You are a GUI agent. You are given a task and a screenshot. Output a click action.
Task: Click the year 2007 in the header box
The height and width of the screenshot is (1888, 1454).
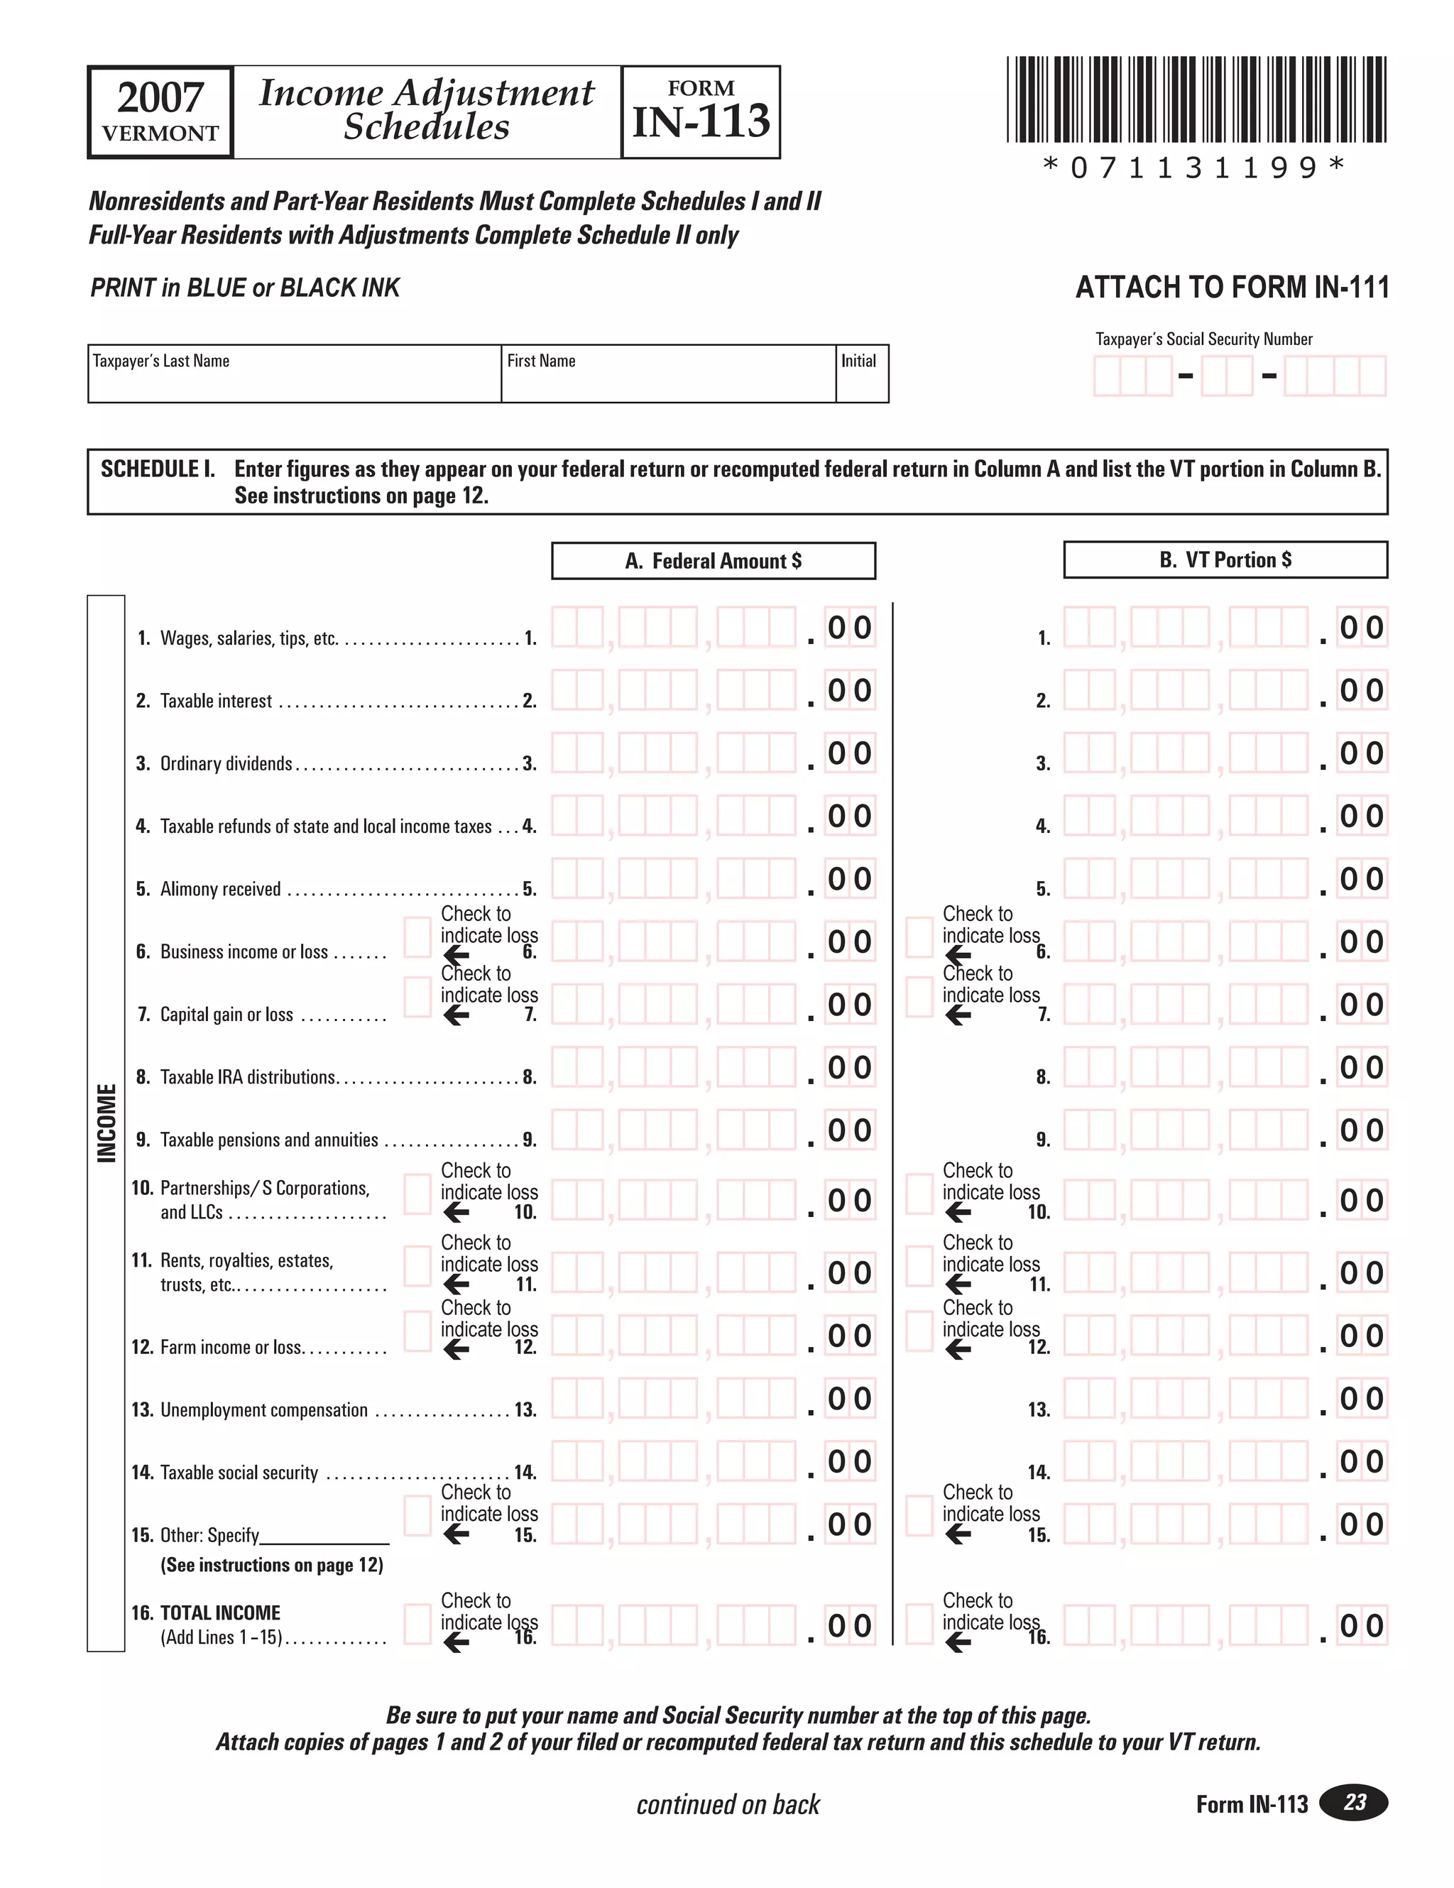click(160, 98)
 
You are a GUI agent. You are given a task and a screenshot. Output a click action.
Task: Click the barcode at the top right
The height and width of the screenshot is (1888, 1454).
click(1196, 99)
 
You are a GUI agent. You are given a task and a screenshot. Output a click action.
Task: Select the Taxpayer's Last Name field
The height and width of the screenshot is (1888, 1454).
click(294, 381)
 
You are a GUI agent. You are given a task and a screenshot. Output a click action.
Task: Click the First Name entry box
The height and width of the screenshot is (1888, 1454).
click(667, 381)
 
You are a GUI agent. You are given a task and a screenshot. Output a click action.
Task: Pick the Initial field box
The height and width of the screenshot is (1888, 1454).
click(862, 381)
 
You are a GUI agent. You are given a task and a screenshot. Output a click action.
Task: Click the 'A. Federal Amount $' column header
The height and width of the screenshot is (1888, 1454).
click(714, 561)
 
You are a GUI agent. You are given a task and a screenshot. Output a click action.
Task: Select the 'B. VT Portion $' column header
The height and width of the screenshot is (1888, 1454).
click(1225, 560)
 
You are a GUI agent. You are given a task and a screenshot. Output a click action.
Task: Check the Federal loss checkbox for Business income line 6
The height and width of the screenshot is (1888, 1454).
click(417, 938)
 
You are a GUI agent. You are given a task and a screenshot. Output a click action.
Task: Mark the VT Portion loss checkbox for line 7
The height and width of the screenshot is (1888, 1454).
click(919, 997)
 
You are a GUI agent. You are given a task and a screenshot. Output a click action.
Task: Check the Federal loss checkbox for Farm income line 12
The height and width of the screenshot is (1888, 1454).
click(417, 1331)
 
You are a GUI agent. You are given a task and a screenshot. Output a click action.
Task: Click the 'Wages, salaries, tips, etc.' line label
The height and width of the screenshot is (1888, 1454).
click(249, 639)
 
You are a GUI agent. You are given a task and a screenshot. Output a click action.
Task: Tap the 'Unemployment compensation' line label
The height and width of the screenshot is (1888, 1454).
click(263, 1410)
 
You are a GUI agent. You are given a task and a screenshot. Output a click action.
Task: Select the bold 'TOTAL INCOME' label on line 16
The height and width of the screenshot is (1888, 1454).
click(220, 1613)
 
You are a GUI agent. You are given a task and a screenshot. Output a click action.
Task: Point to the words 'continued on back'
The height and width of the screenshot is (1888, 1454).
click(728, 1804)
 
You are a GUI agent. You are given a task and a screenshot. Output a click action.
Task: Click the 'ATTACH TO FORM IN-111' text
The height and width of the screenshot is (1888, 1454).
click(1231, 288)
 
